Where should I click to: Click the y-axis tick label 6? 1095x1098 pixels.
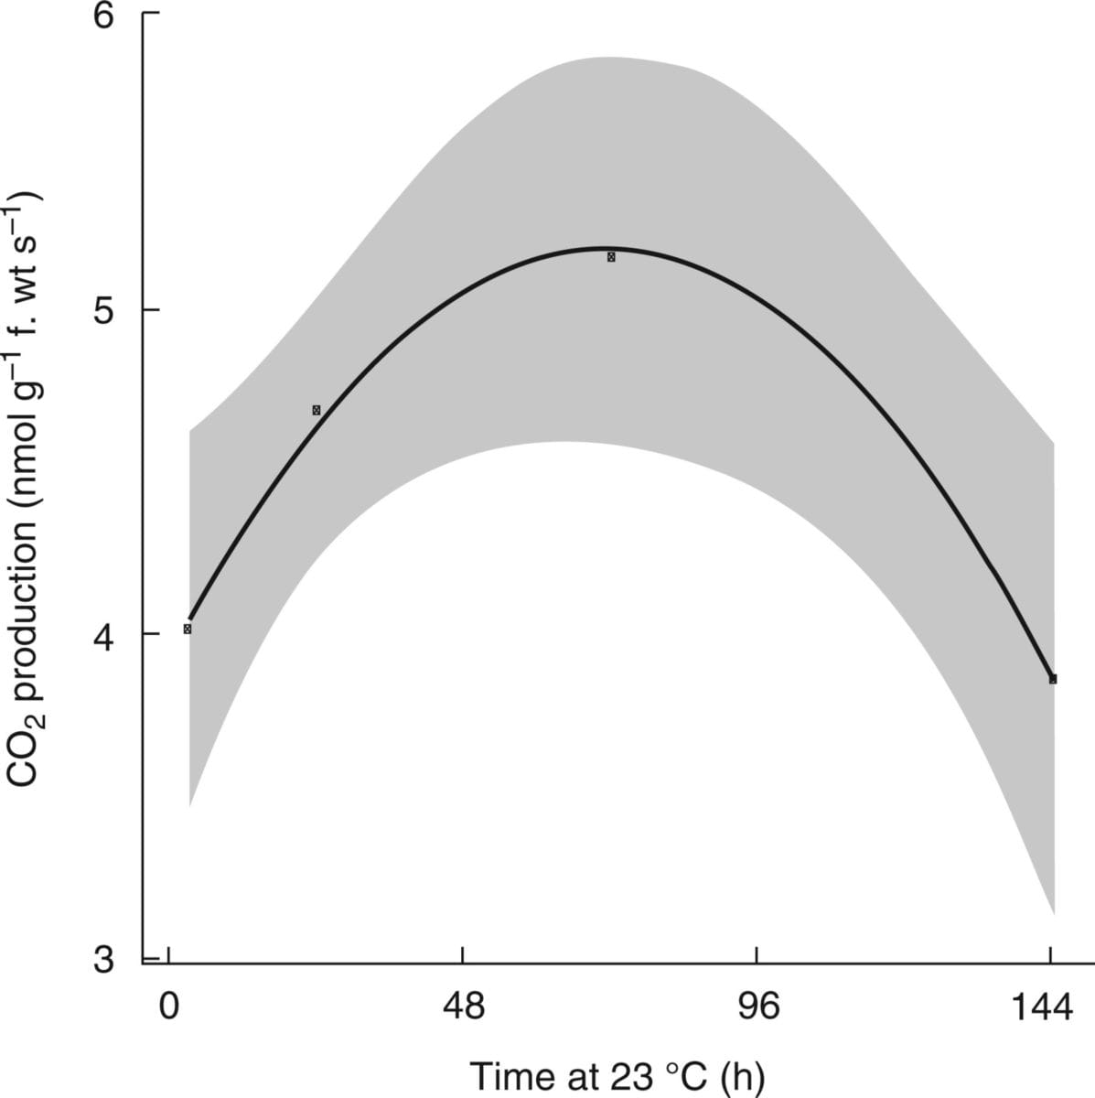click(109, 18)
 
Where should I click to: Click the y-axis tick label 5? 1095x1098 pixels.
click(109, 310)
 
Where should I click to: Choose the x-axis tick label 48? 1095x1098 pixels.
click(463, 1007)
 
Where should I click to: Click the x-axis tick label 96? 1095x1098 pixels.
click(757, 1007)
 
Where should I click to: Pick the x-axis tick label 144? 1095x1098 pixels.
click(1043, 1007)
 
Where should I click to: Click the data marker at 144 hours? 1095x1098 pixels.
click(1053, 679)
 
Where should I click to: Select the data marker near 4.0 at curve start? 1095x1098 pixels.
click(188, 629)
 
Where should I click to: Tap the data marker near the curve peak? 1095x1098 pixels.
click(611, 257)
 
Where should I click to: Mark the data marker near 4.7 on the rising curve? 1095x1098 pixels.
click(317, 410)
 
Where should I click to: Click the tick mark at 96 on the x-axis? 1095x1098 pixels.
click(757, 954)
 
